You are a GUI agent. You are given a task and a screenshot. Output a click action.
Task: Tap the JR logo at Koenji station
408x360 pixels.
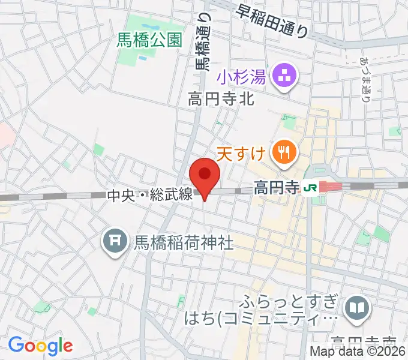(x=311, y=188)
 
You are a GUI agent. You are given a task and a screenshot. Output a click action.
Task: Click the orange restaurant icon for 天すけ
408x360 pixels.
(x=283, y=153)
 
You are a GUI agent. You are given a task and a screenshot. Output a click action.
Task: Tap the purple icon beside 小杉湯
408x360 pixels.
(x=283, y=76)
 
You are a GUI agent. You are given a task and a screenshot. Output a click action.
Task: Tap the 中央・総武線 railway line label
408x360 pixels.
(x=149, y=195)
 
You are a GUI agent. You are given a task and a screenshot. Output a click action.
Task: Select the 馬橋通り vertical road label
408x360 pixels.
(x=203, y=43)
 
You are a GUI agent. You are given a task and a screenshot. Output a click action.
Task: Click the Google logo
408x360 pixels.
(x=40, y=346)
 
